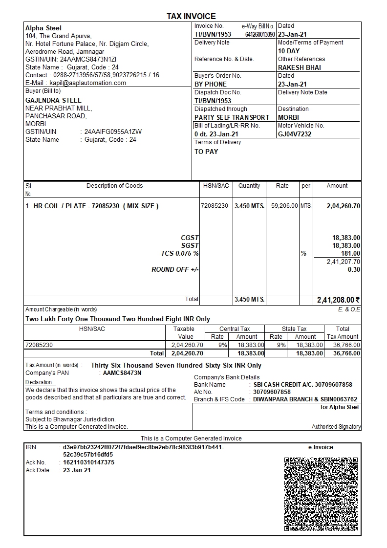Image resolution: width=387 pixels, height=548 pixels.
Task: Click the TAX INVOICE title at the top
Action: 191,17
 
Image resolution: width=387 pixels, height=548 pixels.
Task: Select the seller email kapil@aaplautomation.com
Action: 87,83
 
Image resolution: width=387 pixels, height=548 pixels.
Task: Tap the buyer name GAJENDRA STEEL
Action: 53,101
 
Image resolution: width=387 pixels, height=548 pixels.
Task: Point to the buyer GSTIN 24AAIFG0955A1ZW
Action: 113,132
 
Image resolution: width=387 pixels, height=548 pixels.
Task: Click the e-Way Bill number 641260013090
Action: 260,35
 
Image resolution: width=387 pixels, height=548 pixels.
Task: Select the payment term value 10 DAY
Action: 289,51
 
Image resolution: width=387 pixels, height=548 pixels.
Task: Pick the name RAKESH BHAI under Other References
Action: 300,67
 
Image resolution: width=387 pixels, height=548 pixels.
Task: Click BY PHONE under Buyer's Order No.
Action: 211,84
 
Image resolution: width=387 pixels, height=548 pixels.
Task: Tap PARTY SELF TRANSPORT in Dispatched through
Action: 232,117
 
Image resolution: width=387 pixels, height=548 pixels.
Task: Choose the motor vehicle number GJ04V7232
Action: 295,134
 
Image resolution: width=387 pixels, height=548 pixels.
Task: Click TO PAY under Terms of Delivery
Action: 206,152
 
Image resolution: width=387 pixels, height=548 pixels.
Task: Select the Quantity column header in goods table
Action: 249,186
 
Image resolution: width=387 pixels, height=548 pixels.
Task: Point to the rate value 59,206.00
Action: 284,206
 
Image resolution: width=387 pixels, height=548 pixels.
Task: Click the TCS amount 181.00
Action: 351,254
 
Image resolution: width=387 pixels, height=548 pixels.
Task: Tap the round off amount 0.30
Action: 354,270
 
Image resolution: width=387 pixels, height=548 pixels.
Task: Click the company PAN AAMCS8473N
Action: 122,373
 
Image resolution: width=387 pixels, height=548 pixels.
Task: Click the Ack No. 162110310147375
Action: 88,462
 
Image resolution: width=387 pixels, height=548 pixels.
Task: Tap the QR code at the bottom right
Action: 321,494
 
